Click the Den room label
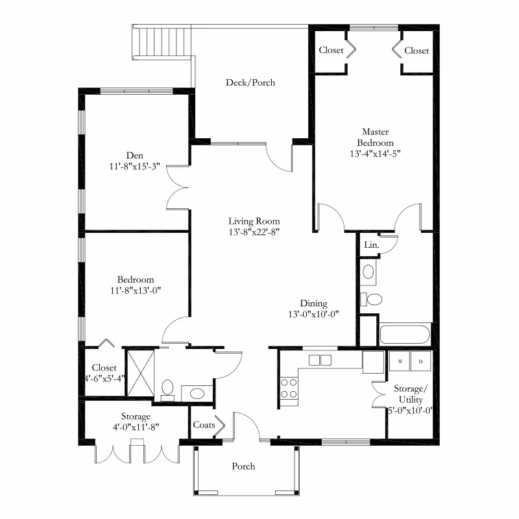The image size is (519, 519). (x=135, y=156)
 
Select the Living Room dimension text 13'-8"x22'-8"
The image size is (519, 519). (x=254, y=232)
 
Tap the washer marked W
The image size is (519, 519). (x=400, y=361)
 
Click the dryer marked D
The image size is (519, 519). (x=420, y=361)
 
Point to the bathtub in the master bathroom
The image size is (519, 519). (x=405, y=335)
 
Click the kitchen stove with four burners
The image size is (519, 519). (x=289, y=388)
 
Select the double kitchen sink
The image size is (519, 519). (x=320, y=360)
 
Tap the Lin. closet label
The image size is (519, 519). (x=371, y=245)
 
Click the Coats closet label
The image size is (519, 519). (x=204, y=425)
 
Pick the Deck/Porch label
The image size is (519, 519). (x=250, y=82)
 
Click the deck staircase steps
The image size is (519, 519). (x=162, y=42)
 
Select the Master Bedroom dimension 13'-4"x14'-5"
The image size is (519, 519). (x=376, y=154)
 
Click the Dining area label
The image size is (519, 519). (x=314, y=303)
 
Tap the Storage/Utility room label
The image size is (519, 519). (x=411, y=394)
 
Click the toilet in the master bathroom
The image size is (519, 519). (x=371, y=299)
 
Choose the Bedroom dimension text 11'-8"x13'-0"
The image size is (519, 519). (x=136, y=291)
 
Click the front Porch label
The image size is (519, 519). (x=243, y=466)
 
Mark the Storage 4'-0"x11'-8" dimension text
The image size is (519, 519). (x=136, y=428)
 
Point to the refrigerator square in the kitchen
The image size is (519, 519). (x=373, y=363)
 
